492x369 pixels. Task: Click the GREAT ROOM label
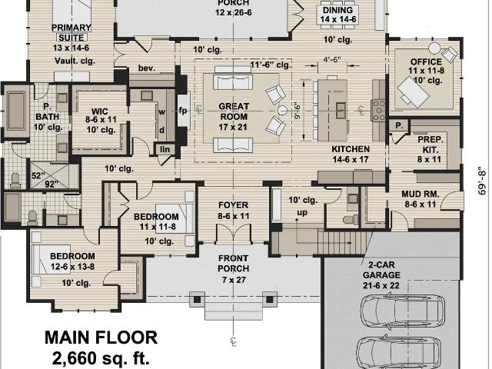234,111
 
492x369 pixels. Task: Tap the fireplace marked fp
183,110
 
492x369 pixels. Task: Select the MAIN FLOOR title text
101,337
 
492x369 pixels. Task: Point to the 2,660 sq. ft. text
101,358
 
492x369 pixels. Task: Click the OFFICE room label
426,61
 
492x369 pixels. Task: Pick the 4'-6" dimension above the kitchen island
332,60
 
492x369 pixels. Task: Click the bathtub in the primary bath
16,111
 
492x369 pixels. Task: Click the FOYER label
233,205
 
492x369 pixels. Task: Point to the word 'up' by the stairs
302,213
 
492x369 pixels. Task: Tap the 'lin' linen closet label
165,149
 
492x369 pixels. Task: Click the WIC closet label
100,111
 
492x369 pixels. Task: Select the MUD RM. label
421,194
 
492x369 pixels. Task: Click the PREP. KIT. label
430,145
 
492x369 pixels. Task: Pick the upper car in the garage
403,311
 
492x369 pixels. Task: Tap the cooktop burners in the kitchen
379,110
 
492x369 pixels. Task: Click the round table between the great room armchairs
282,110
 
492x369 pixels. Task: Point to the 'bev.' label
147,68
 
